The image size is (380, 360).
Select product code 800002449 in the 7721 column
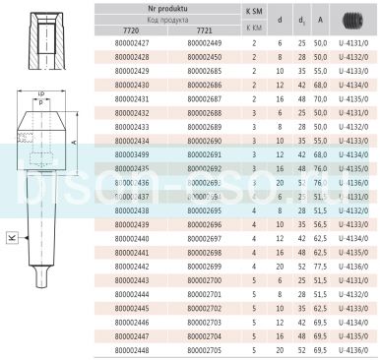[203, 44]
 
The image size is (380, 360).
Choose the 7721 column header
[203, 30]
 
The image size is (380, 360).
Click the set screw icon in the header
[353, 19]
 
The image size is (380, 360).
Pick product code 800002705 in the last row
[203, 349]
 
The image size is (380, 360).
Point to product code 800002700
[203, 279]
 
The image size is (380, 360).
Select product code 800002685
[203, 72]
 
